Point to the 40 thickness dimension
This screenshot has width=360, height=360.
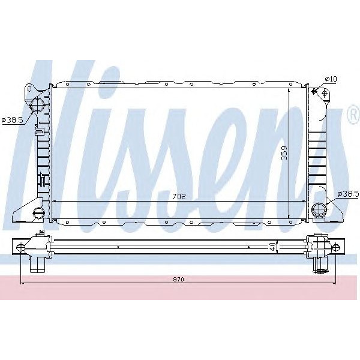272,246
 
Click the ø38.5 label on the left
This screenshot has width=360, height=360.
13,119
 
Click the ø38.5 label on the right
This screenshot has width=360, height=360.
347,193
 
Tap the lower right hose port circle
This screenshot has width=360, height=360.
320,209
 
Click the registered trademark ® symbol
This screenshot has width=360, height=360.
352,116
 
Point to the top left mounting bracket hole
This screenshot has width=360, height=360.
29,90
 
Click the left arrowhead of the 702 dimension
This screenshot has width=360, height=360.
55,202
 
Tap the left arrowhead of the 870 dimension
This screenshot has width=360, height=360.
22,283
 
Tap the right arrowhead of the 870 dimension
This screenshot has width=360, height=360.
334,283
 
